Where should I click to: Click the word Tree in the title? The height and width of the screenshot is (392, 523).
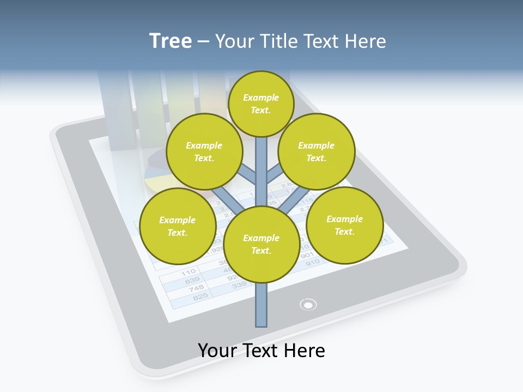171,41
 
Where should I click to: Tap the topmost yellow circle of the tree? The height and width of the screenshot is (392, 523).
261,103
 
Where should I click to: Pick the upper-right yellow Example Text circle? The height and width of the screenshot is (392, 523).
317,151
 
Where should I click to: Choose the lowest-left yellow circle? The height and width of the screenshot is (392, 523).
178,226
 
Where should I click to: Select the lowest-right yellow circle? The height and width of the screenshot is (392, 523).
344,224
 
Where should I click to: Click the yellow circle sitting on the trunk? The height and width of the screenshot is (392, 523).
261,244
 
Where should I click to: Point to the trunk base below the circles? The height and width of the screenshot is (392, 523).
261,308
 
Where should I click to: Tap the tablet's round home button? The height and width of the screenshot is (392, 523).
308,304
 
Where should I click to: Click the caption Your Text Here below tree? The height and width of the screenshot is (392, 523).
261,351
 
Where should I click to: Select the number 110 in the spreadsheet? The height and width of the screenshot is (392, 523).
188,272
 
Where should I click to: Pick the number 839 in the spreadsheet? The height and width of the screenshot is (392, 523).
192,280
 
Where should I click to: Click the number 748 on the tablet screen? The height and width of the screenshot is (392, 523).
196,288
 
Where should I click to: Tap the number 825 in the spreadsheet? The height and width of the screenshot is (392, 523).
200,296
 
